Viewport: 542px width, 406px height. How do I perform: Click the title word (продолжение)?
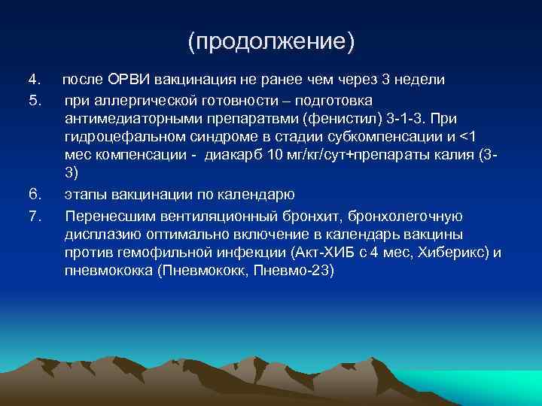point(271,42)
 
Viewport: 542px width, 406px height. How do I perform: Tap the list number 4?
point(33,80)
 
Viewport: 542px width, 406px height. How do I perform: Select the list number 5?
point(33,99)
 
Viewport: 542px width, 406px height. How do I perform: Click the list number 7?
point(33,216)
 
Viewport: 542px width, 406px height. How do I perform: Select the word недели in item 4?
point(419,80)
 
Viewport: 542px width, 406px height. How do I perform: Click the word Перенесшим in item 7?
point(105,216)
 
